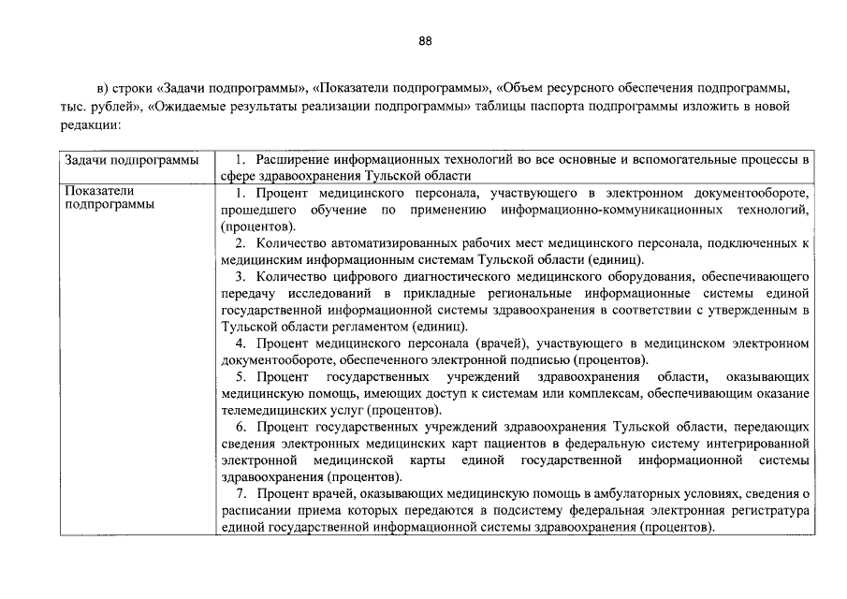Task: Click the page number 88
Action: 424,41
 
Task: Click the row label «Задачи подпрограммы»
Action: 132,160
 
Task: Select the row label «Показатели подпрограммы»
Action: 110,199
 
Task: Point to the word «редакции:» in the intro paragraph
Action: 90,124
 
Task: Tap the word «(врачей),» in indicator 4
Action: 506,343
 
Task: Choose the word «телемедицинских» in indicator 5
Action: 270,410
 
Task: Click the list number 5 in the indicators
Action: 241,377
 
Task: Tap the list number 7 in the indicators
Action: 241,493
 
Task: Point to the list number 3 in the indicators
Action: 241,277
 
